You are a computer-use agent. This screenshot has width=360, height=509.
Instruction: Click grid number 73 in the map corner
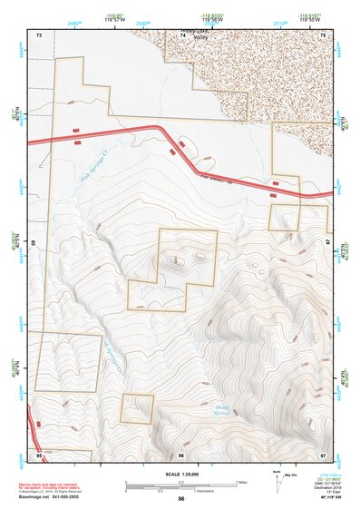pos(39,34)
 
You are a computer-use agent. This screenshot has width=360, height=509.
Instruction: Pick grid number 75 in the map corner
pos(324,34)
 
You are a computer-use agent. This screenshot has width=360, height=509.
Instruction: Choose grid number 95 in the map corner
pos(39,454)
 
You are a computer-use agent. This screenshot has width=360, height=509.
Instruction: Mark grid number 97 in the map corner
pos(323,454)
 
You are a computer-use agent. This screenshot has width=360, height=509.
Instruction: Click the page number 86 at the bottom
pos(181,499)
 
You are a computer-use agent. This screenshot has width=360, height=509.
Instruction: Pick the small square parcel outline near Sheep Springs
pos(137,409)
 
